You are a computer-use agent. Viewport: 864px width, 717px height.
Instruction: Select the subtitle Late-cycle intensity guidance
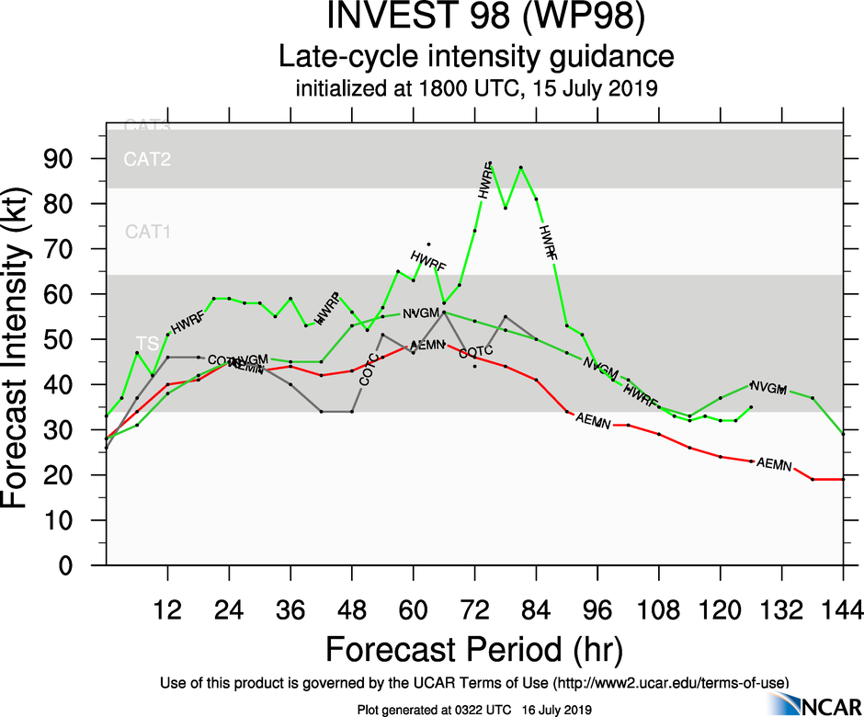476,57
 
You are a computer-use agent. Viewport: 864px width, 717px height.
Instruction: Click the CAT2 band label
148,160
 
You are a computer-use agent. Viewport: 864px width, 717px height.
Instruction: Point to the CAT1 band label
148,232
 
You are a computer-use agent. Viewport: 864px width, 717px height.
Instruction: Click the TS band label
148,343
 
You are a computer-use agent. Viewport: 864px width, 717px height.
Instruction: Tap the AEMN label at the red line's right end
774,465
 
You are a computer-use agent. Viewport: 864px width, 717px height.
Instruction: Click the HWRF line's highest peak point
490,163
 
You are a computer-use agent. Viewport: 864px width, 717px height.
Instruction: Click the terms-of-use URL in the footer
670,682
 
